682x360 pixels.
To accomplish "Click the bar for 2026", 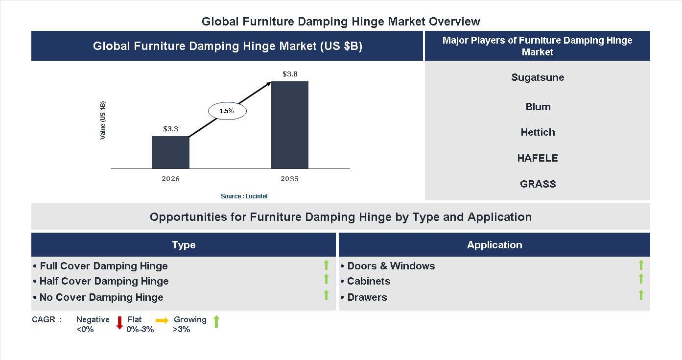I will pos(170,152).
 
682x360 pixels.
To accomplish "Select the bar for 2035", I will pos(290,125).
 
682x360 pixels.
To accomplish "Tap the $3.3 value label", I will pos(170,129).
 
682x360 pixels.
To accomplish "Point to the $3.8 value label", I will pos(290,74).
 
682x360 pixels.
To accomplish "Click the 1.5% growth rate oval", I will pos(227,111).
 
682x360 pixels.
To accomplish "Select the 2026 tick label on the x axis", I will pos(170,179).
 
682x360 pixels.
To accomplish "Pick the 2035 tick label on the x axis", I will pos(290,179).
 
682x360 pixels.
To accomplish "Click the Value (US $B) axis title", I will pos(103,120).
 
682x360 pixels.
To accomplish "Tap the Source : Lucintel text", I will pos(244,196).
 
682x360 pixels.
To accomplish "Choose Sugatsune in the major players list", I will pos(538,77).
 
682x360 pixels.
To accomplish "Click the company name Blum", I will pos(538,107).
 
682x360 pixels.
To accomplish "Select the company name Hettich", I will pos(538,132).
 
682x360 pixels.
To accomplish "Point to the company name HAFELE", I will pos(538,158).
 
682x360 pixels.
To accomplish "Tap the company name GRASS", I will pos(538,184).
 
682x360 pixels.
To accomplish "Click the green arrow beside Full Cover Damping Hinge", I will pos(326,265).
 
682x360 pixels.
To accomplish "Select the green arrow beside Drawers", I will pos(641,295).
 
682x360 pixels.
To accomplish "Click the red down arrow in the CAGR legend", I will pos(119,323).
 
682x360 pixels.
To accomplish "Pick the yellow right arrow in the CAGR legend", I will pos(162,321).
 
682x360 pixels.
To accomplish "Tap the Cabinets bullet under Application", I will pos(368,281).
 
